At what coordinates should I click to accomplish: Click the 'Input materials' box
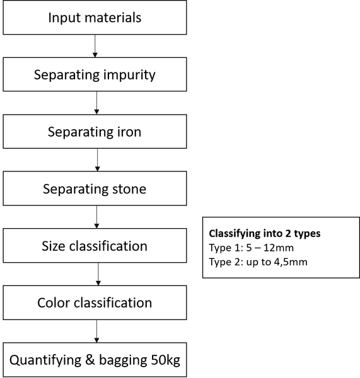pyautogui.click(x=95, y=18)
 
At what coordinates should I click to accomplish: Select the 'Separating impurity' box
pyautogui.click(x=95, y=74)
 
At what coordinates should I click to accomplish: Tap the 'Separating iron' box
pyautogui.click(x=95, y=132)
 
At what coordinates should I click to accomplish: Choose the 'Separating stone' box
pyautogui.click(x=95, y=188)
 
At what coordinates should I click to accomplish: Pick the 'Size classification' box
pyautogui.click(x=95, y=246)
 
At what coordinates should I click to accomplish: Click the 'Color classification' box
pyautogui.click(x=95, y=302)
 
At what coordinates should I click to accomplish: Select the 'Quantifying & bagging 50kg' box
pyautogui.click(x=95, y=360)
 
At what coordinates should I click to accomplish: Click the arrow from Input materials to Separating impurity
pyautogui.click(x=95, y=46)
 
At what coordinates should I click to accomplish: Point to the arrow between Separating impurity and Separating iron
pyautogui.click(x=96, y=103)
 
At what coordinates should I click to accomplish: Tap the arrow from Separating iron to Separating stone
pyautogui.click(x=98, y=160)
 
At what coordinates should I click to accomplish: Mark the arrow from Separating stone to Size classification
pyautogui.click(x=96, y=217)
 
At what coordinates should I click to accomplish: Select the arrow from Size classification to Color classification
pyautogui.click(x=98, y=274)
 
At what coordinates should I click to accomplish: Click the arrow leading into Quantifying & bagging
pyautogui.click(x=96, y=331)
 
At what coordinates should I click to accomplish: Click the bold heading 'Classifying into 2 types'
pyautogui.click(x=265, y=234)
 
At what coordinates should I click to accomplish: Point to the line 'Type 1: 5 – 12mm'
pyautogui.click(x=251, y=248)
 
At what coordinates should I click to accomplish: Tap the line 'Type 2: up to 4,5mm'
pyautogui.click(x=258, y=262)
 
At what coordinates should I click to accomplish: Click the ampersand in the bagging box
pyautogui.click(x=90, y=360)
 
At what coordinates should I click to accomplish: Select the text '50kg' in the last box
pyautogui.click(x=166, y=360)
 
